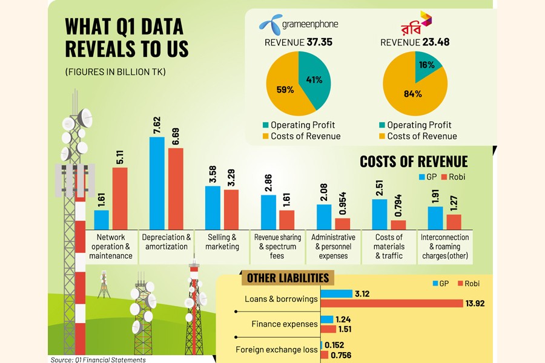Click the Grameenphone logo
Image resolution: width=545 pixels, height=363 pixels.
[297, 24]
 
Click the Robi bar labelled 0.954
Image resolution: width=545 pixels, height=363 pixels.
[343, 223]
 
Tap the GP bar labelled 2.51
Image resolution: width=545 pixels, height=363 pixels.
[380, 214]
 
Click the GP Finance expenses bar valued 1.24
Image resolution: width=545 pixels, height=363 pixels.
[327, 319]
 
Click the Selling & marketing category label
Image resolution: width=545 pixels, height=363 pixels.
[222, 242]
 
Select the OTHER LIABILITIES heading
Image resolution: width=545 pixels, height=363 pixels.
[288, 278]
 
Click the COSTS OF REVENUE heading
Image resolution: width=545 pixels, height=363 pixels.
[414, 162]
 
